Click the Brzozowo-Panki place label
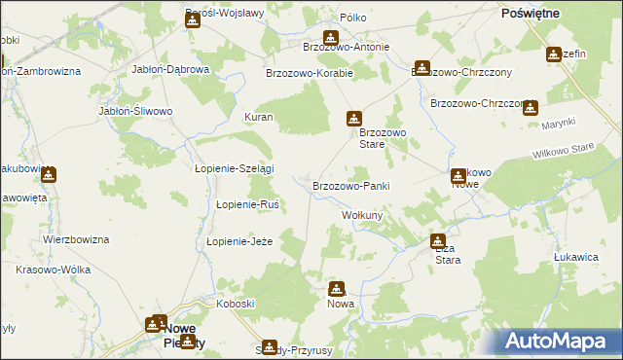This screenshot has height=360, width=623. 351,185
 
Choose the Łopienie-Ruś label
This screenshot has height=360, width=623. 248,204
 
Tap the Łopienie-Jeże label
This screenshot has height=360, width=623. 238,241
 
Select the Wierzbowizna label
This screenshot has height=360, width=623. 76,238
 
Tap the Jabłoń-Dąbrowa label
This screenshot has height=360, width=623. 171,70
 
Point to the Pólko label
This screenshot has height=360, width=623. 352,18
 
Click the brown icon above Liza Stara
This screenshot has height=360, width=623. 438,240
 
